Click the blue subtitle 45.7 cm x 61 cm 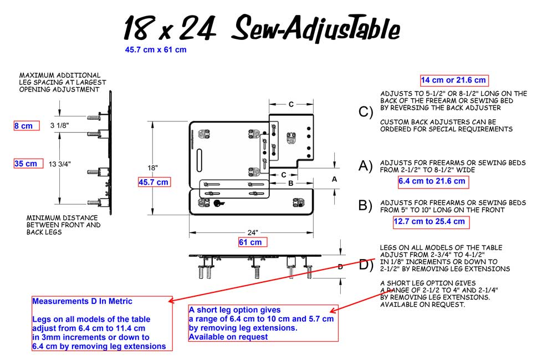click(x=156, y=49)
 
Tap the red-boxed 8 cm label click(x=26, y=126)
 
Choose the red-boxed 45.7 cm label click(x=154, y=182)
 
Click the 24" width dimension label click(x=252, y=232)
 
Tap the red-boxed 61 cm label click(x=252, y=242)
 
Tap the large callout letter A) click(x=366, y=166)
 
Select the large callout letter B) click(x=366, y=206)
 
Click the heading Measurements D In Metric click(x=82, y=301)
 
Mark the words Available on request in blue click(x=228, y=337)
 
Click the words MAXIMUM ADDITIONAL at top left click(x=60, y=75)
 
